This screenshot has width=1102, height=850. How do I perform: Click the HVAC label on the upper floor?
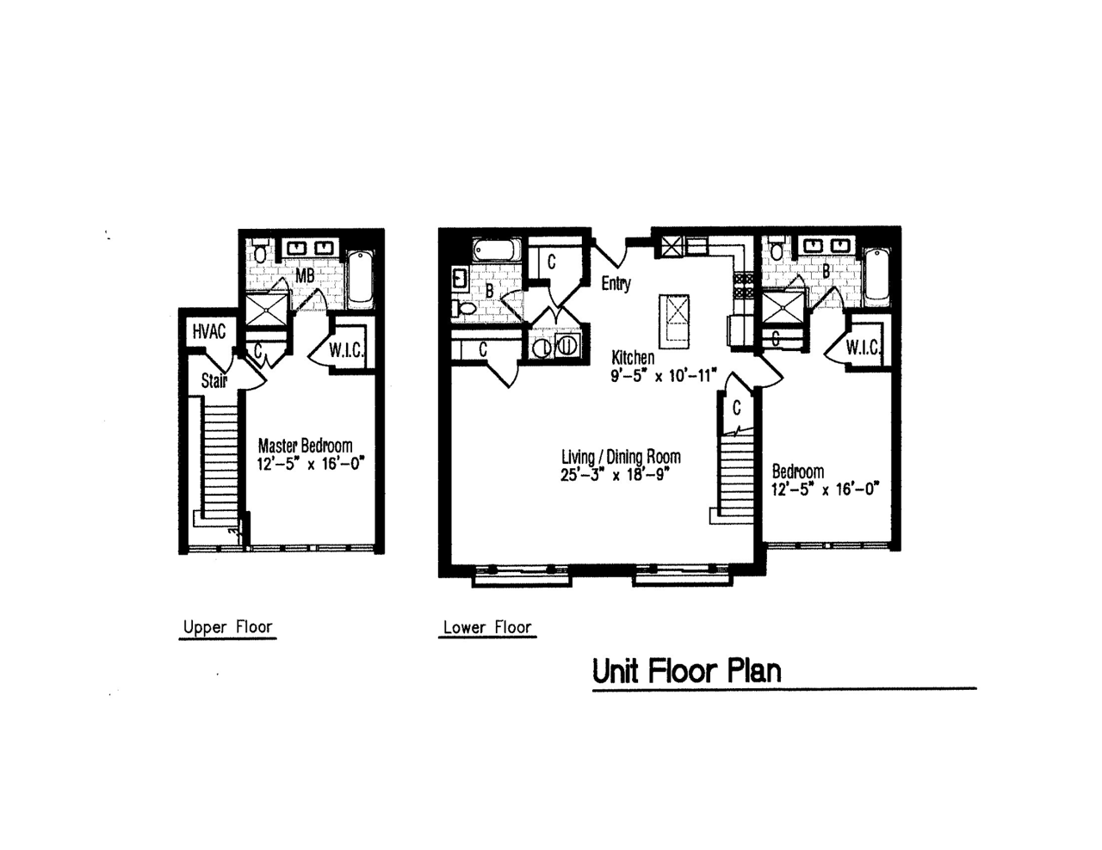point(209,331)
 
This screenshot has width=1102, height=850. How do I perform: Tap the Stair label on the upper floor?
point(214,379)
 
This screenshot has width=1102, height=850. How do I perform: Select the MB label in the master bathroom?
point(305,276)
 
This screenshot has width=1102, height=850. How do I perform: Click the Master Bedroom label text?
point(305,446)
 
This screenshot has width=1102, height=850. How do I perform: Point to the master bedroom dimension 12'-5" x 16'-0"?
point(312,464)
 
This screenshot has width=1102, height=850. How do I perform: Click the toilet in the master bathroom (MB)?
point(260,253)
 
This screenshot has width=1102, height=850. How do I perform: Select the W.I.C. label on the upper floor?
point(346,350)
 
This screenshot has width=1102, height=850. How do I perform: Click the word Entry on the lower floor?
point(616,283)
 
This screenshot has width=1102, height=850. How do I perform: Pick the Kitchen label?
point(633,357)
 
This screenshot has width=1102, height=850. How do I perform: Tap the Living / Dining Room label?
point(620,457)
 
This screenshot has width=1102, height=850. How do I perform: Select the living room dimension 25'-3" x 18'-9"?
point(615,475)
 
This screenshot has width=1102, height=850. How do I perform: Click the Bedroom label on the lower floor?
point(797,471)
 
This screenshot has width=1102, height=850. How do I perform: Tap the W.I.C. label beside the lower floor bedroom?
point(862,348)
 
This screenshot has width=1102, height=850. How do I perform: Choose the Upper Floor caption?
point(227,626)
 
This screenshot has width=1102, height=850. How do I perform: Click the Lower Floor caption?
point(487,627)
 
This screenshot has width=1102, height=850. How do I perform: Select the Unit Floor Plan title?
point(686,670)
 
